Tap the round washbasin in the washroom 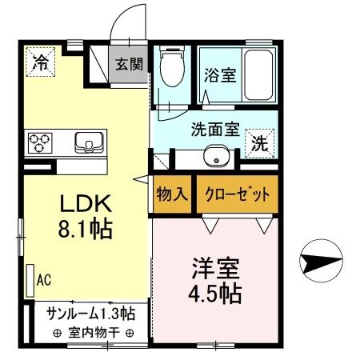click(x=214, y=158)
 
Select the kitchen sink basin click(x=87, y=143)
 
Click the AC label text click(x=44, y=280)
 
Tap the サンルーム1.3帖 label click(x=90, y=314)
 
